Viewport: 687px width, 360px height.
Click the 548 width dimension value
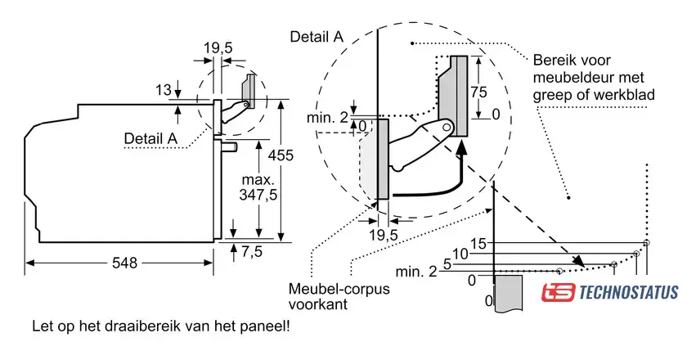click(124, 263)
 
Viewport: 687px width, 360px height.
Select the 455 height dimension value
click(281, 155)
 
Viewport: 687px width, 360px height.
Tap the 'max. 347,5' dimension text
click(258, 187)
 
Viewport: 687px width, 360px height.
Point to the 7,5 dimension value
click(252, 252)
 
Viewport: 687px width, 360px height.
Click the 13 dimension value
click(164, 90)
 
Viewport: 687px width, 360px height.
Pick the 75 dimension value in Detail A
click(479, 92)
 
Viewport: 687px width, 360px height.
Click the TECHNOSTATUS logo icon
click(558, 292)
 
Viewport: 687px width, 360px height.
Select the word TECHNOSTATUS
click(629, 292)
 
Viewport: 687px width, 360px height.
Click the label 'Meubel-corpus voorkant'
click(339, 296)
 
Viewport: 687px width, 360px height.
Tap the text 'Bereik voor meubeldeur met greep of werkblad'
click(594, 78)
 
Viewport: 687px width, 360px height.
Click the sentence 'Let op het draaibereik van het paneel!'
click(161, 326)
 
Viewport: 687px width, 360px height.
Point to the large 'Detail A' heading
click(317, 37)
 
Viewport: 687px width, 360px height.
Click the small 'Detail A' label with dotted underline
click(150, 138)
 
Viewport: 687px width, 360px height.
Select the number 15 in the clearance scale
click(478, 243)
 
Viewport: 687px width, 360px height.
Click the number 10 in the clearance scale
click(460, 254)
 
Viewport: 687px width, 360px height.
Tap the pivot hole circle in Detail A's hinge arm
click(447, 127)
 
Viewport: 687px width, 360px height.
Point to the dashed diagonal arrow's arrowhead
click(579, 261)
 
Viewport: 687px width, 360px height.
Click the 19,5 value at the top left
click(218, 47)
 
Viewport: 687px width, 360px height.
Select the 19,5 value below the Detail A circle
click(384, 235)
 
